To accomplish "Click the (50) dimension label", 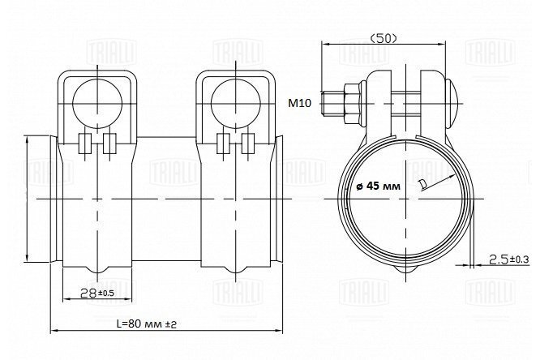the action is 383,38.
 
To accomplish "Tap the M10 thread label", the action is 299,103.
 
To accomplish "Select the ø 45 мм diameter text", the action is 379,186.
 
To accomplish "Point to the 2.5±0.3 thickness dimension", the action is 509,259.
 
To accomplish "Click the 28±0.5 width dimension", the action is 96,294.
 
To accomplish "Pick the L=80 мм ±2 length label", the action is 147,324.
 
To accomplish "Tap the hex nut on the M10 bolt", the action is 352,103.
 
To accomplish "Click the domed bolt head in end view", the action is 452,102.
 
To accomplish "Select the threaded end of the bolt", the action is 332,103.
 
